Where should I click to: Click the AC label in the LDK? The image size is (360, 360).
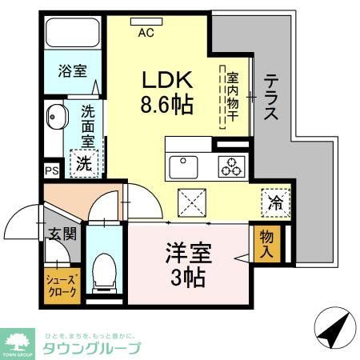146,33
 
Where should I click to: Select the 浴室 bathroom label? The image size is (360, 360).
71,71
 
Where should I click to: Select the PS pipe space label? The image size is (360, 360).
51,170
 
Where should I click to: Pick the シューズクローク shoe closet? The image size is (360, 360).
60,286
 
